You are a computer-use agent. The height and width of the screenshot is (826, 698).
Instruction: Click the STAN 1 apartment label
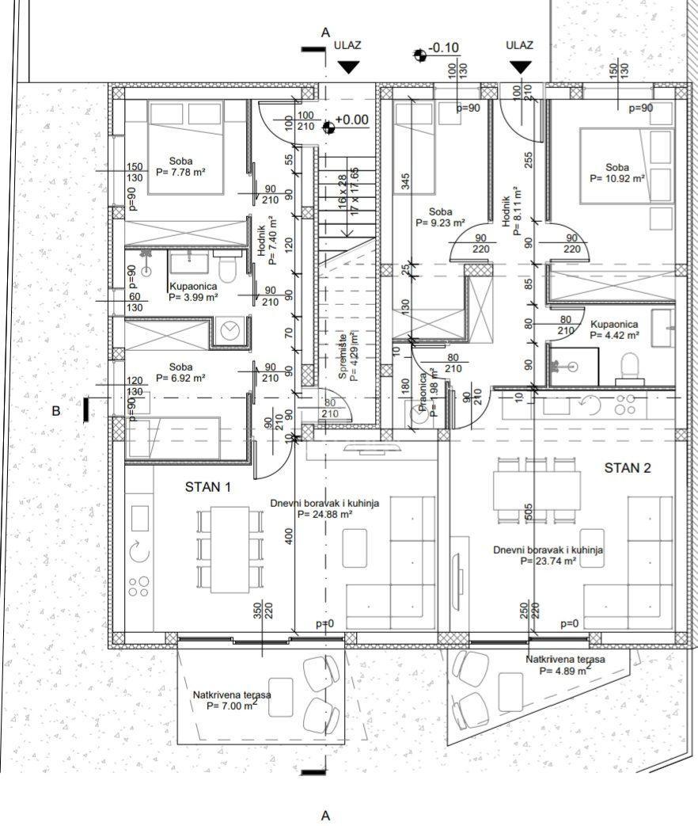pos(208,487)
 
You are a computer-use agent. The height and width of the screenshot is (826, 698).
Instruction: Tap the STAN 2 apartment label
pos(628,468)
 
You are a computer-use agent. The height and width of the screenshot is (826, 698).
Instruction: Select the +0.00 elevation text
pos(351,120)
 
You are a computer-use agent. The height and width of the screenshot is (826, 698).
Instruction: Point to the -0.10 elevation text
pos(443,48)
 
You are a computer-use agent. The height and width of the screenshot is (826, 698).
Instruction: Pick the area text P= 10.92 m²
pos(617,179)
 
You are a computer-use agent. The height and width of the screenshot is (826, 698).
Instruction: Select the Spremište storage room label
pos(342,356)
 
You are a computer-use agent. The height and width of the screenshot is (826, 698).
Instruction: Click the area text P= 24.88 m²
pos(324,513)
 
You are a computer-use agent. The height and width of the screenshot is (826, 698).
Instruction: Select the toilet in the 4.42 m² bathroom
pos(631,366)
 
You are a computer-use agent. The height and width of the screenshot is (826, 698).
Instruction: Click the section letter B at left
pos(55,411)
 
